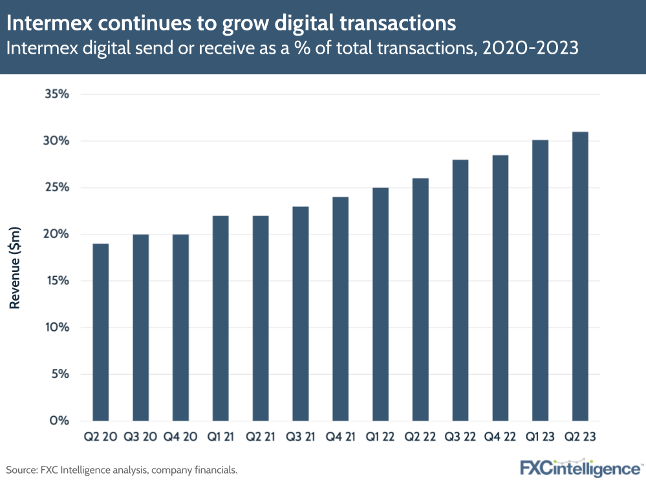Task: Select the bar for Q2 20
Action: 100,332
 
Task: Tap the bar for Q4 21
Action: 340,309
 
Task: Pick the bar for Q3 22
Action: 460,290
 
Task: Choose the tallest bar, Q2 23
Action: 580,276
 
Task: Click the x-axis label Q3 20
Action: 140,437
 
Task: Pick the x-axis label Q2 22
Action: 420,437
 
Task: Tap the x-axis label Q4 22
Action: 500,437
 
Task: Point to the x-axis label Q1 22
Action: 380,437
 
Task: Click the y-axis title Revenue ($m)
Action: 16,267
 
